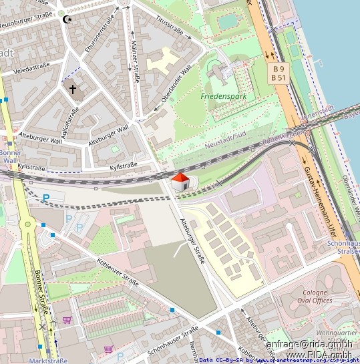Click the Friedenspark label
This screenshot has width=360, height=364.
click(x=223, y=96)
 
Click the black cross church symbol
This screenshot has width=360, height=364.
click(x=72, y=88)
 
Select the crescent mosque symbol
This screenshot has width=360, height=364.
click(x=65, y=19)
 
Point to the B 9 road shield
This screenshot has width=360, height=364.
click(x=279, y=68)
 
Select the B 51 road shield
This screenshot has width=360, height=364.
click(x=279, y=77)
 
